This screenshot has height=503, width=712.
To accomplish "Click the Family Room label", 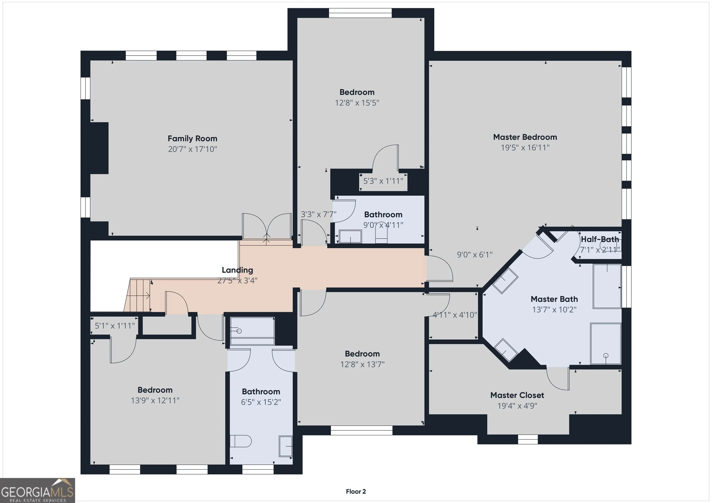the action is pos(192,138).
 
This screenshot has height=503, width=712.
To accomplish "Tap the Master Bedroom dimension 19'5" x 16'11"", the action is pos(525,148).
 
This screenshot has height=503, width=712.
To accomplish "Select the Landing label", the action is pos(237,270).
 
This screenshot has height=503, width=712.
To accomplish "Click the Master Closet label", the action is pos(517,395).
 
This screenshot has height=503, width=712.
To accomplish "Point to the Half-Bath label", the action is pos(600,239).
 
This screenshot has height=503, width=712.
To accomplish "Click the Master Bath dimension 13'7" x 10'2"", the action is pos(554,309).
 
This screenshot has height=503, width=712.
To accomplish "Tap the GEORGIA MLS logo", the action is pos(37,490).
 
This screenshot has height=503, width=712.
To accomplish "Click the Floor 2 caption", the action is pos(356,491).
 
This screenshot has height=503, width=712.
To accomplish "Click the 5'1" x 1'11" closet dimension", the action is pos(115,326).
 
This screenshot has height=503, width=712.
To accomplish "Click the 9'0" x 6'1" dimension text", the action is pos(475,255).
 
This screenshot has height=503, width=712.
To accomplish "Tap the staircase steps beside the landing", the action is pos(138,295).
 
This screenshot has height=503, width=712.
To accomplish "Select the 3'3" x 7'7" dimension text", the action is pos(318,214).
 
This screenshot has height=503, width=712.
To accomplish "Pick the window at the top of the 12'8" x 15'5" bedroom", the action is pos(360,13).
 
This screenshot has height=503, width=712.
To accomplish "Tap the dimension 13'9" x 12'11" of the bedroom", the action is pos(155,400).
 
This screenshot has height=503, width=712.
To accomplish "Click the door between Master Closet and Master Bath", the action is pos(558,378).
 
